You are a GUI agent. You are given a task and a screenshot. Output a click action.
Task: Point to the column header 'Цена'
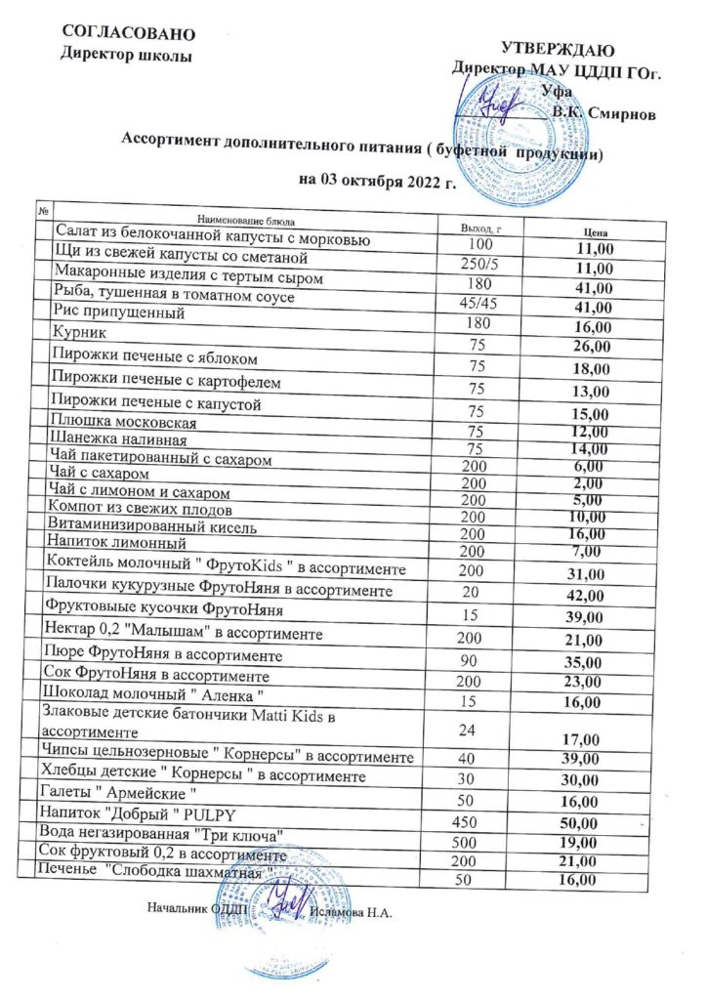pos(596,233)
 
